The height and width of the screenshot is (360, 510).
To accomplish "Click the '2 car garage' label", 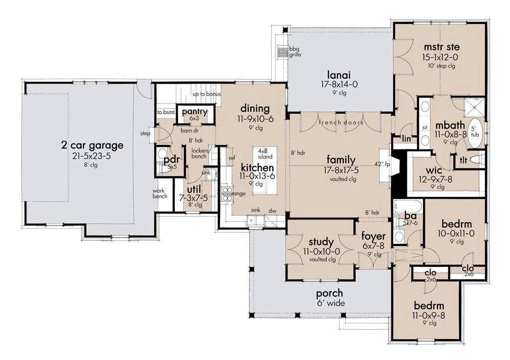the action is (93, 145).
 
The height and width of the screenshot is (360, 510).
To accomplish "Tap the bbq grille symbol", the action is (283, 51).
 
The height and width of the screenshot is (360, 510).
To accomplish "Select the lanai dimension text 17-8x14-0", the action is (339, 84).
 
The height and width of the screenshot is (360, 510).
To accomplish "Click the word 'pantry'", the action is (195, 112).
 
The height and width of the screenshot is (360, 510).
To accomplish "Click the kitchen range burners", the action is (227, 193).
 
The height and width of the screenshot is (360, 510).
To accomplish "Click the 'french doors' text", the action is (341, 122).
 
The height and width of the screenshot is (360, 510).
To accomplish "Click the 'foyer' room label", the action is (373, 237).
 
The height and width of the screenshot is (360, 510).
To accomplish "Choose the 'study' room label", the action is (321, 242).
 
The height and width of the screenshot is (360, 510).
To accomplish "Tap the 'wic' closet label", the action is (434, 170).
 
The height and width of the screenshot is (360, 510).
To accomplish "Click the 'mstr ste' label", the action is (442, 47).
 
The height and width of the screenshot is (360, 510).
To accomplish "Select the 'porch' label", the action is (329, 294).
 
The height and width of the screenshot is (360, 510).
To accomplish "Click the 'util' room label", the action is (194, 189).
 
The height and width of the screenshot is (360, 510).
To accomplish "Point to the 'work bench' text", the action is (160, 193).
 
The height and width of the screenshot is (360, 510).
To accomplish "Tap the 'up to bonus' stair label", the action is (206, 94).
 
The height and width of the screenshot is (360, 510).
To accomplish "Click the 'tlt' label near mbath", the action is (464, 160).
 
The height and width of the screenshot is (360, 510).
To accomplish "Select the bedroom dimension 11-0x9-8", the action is (429, 315).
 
